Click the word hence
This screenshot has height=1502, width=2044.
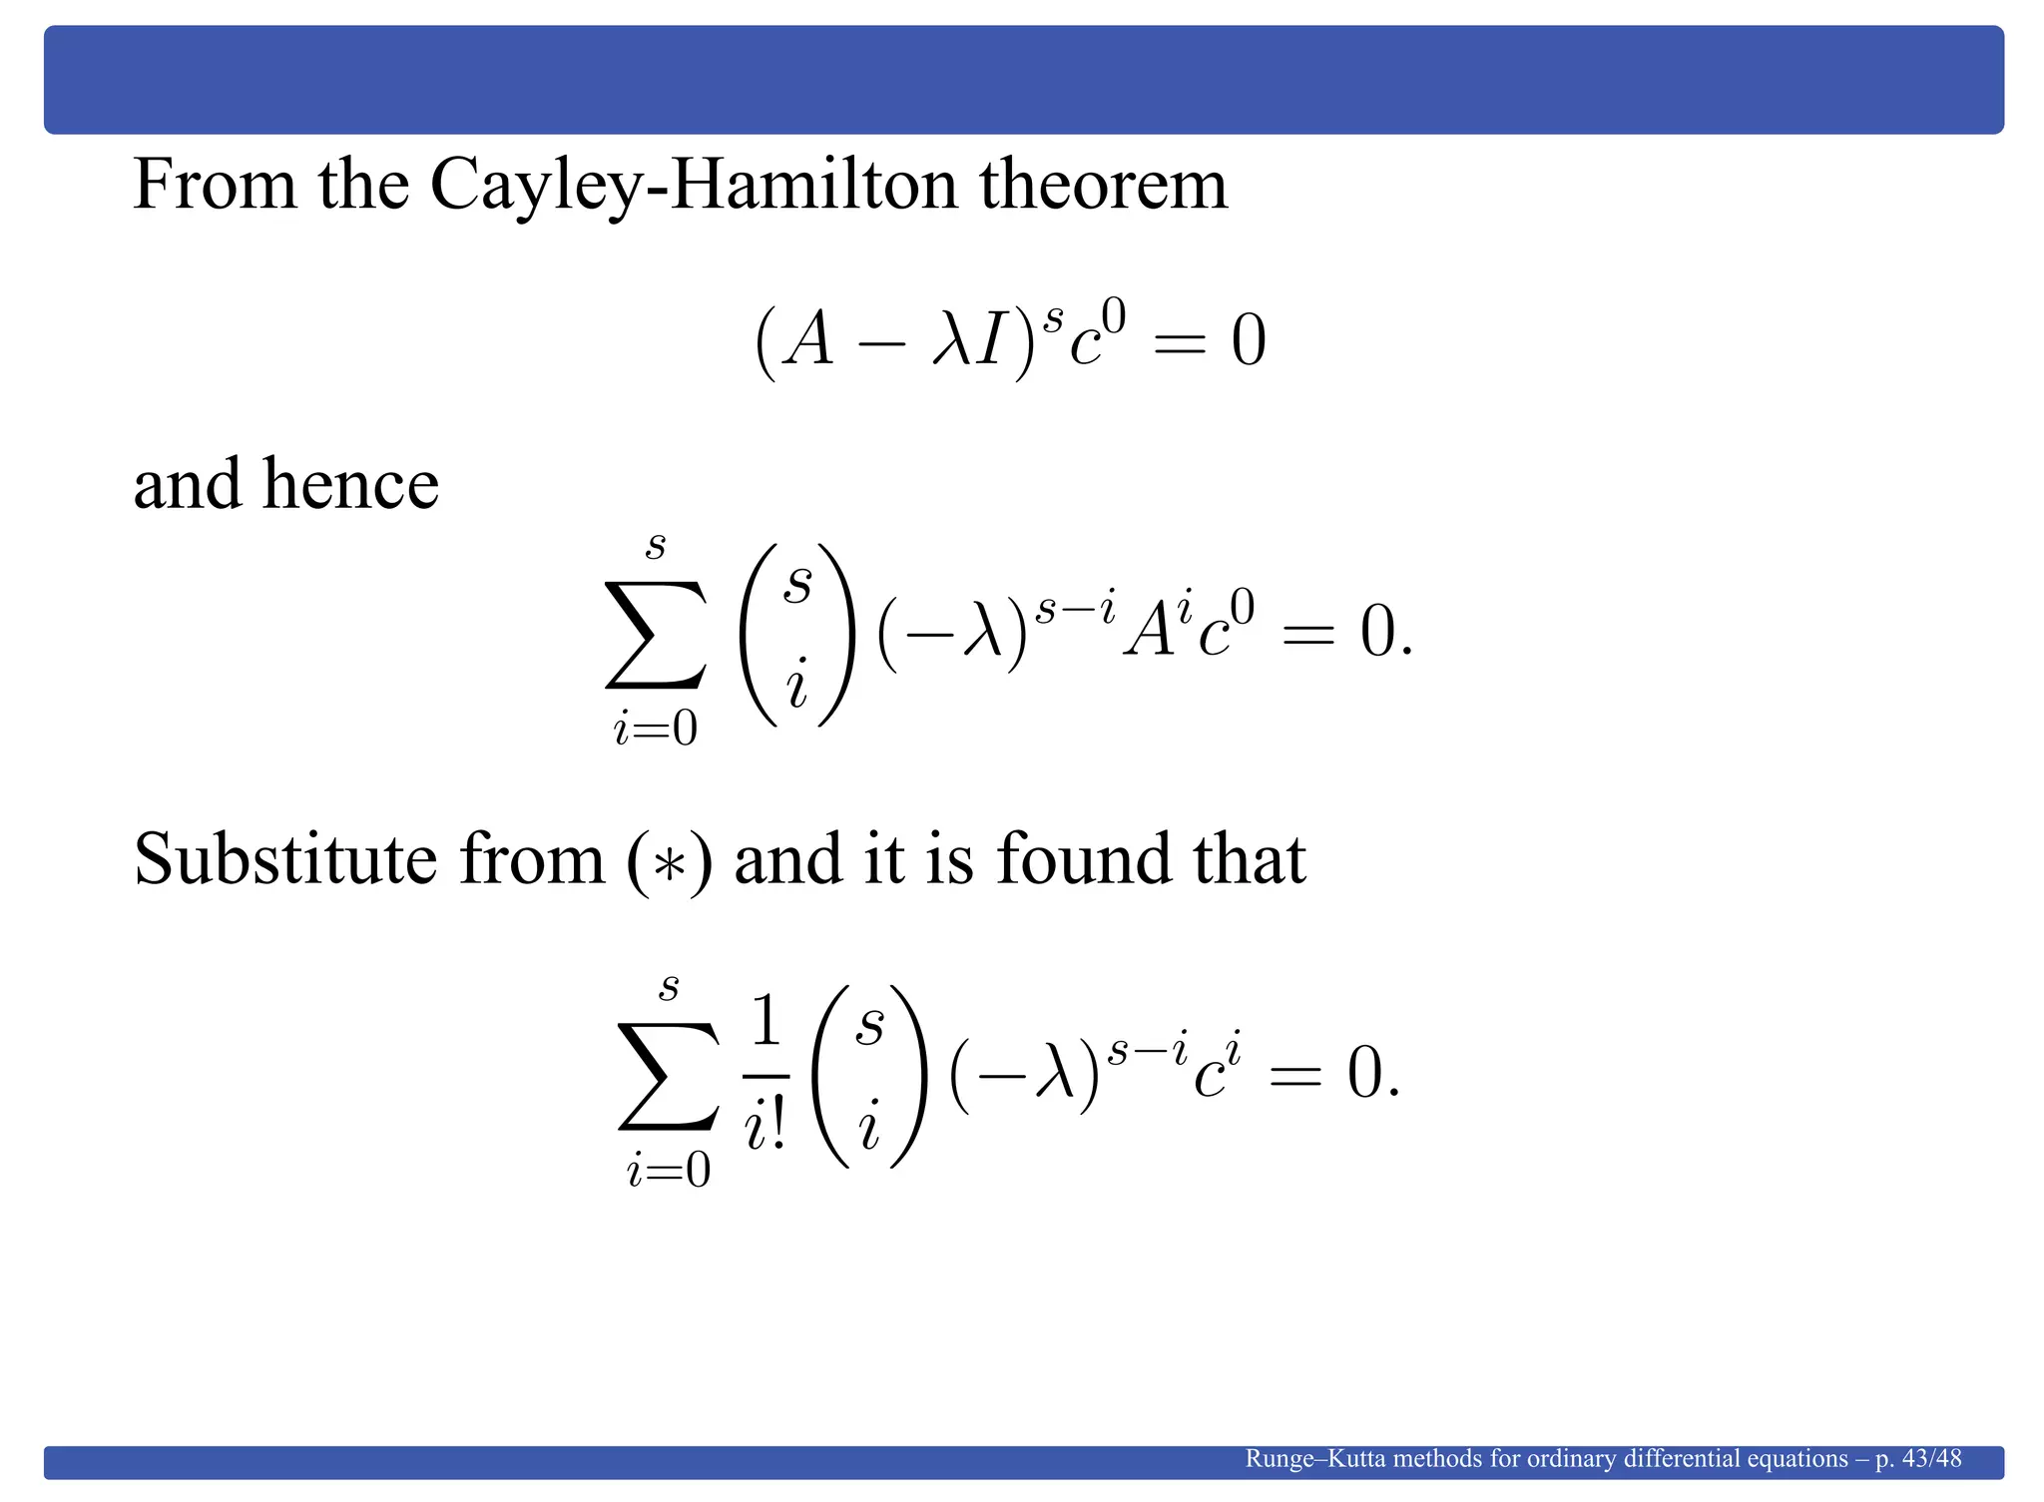(350, 484)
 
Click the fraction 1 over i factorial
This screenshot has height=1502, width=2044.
(766, 1076)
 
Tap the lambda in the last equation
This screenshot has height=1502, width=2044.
(1056, 1076)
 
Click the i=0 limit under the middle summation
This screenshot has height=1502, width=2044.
(655, 730)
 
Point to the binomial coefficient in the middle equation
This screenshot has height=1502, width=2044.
(796, 635)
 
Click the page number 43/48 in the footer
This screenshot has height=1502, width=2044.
(1932, 1458)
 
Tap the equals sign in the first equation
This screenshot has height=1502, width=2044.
(1179, 342)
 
